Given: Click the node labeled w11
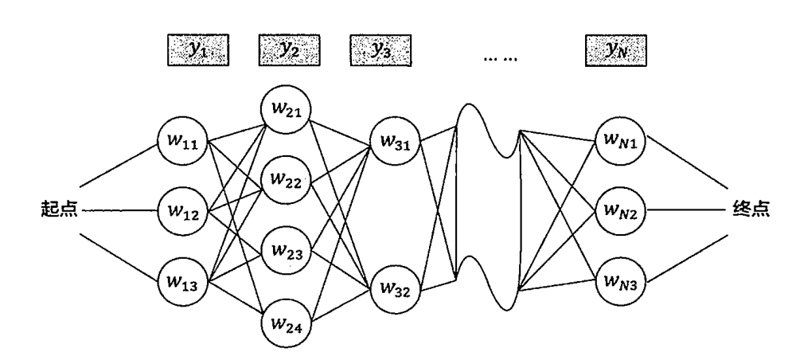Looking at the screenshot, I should point(184,144).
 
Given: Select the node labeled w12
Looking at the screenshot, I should point(184,213).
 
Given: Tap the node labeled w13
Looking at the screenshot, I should point(184,280).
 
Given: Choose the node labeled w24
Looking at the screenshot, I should point(286,324).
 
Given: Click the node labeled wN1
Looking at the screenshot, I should point(620,144).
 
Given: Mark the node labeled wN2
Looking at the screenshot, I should point(620,213).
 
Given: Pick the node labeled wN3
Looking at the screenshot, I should point(620,280).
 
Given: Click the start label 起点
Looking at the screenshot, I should point(58,213).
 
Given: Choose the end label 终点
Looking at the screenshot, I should point(749,213).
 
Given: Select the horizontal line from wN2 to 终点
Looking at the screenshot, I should point(685,213).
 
